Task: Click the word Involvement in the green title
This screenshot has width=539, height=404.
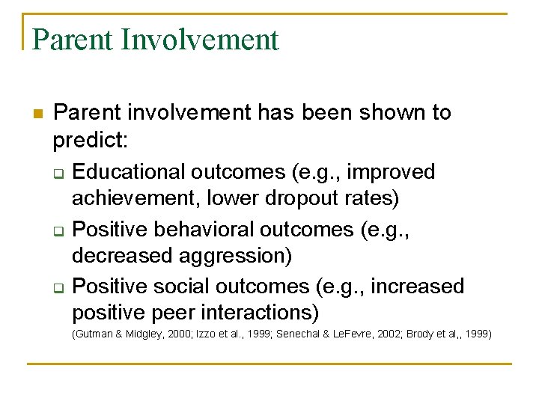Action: (x=199, y=40)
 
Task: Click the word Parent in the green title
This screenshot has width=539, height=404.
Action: (x=72, y=40)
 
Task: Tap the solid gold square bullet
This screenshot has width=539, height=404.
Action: (x=38, y=114)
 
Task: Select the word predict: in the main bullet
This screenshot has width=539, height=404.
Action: (x=91, y=140)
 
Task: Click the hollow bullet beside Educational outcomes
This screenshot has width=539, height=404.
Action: (x=59, y=174)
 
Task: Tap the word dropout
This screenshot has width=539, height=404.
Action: (x=302, y=198)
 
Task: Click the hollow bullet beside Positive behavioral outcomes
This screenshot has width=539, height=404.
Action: (x=59, y=231)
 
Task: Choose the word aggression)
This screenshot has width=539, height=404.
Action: (x=235, y=257)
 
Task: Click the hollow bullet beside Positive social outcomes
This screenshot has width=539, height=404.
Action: (x=59, y=288)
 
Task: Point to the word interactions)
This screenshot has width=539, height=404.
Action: (x=260, y=313)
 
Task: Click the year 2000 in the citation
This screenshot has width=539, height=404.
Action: (x=179, y=334)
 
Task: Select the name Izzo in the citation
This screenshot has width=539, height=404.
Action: (x=203, y=334)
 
